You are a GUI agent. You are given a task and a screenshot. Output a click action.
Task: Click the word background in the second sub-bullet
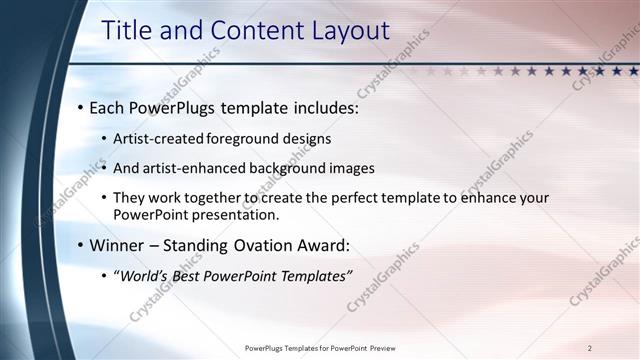tap(291, 168)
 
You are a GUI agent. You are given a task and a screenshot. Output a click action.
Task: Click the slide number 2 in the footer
tap(590, 348)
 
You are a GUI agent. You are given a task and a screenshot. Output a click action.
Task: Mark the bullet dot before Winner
tap(80, 245)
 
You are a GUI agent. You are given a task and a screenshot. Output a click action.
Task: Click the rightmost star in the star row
tap(633, 71)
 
